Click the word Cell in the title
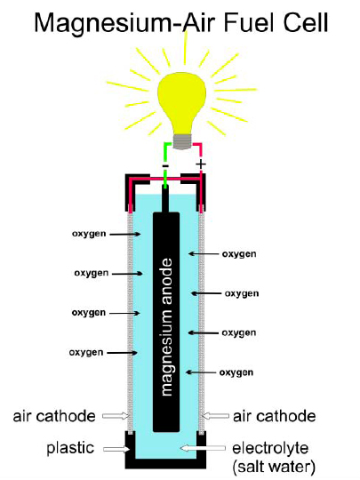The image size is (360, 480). pos(306,22)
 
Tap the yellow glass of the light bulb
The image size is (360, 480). pos(182,103)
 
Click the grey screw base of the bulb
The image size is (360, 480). pos(182,141)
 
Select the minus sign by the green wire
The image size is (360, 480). pos(165,165)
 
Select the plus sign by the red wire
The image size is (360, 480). pos(201,164)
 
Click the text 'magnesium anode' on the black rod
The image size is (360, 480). pos(166,327)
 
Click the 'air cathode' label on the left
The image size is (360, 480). pos(54,416)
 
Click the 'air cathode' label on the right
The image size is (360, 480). pos(275,416)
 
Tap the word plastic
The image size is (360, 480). pos(70,448)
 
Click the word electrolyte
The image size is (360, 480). pos(270,448)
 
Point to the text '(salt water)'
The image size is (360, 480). pos(274,467)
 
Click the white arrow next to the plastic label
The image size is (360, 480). pos(116,449)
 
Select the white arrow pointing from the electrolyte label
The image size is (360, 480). pos(203,448)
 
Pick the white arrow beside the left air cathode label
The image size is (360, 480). pos(116,416)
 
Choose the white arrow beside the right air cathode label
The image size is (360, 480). pos(216,416)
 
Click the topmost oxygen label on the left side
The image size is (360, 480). pos(89,234)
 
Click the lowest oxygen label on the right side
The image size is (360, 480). pos(236,372)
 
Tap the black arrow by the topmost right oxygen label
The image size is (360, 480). pos(204,253)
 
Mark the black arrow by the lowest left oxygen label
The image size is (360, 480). pos(122,353)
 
